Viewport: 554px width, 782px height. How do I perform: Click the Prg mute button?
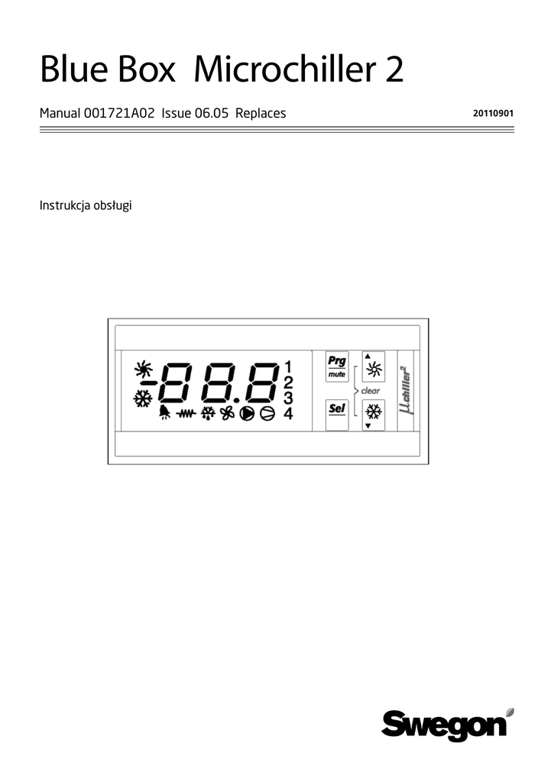[x=336, y=367]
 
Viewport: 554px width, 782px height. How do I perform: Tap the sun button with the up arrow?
[x=373, y=368]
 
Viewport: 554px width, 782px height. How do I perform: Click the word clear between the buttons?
[x=371, y=391]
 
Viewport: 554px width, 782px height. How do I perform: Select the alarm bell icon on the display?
[x=164, y=414]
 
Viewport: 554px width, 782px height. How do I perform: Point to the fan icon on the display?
[x=227, y=414]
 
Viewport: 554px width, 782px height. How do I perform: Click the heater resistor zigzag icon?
[x=186, y=415]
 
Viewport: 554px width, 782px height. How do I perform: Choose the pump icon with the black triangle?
[x=247, y=414]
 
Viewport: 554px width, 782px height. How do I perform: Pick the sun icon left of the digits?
[x=142, y=370]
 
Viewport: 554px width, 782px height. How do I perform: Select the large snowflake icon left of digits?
[x=142, y=399]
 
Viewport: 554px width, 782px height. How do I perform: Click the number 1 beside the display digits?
[x=288, y=366]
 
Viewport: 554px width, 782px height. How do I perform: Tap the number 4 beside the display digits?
[x=288, y=414]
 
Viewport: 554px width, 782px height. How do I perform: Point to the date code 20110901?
[x=493, y=114]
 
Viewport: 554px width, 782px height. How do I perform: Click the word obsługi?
[x=112, y=206]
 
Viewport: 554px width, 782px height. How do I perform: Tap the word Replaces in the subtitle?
[x=261, y=113]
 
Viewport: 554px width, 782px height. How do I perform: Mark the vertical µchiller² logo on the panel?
[x=405, y=391]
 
